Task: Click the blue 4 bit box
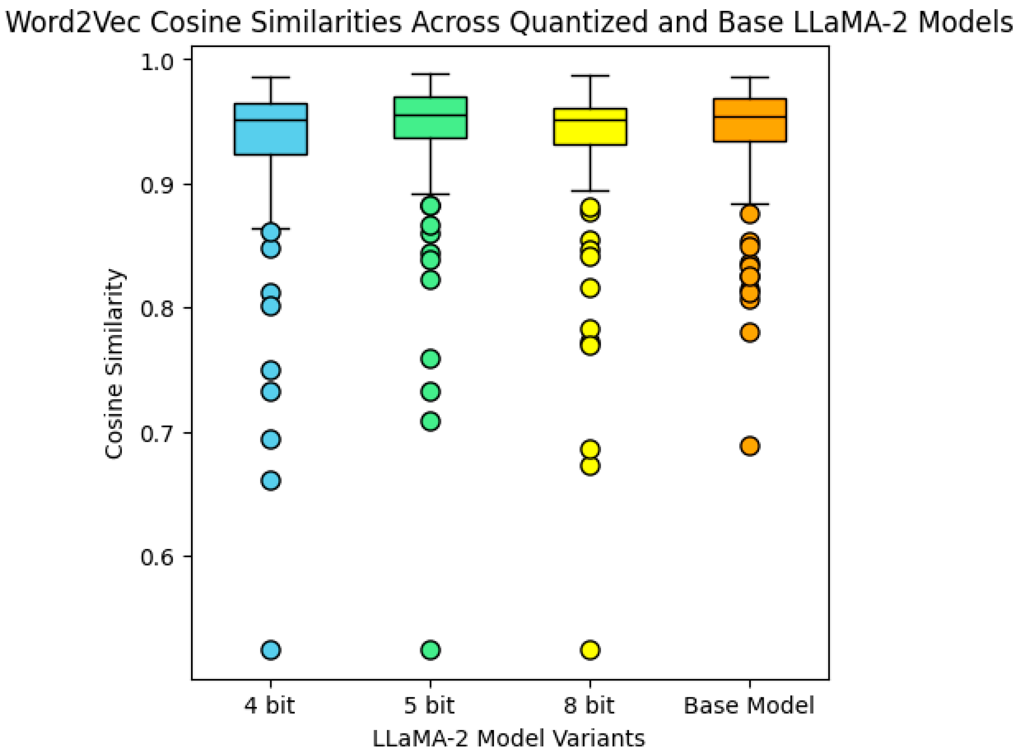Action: click(x=271, y=129)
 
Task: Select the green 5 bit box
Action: click(x=430, y=117)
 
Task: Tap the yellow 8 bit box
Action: click(x=590, y=127)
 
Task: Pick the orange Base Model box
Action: click(x=749, y=120)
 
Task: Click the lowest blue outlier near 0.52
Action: click(x=271, y=650)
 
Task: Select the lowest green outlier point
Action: click(x=430, y=650)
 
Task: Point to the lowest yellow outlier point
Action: click(x=590, y=650)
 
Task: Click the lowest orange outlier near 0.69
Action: click(x=749, y=446)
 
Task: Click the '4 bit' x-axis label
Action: click(x=269, y=705)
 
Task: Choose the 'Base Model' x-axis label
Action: click(x=749, y=705)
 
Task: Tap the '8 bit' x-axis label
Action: click(x=588, y=705)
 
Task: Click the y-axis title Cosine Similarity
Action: click(x=113, y=364)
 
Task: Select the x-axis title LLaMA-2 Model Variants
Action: click(x=508, y=738)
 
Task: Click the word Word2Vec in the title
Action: click(x=73, y=22)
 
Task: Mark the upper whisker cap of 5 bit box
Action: click(x=430, y=74)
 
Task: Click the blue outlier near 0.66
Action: click(x=271, y=481)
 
